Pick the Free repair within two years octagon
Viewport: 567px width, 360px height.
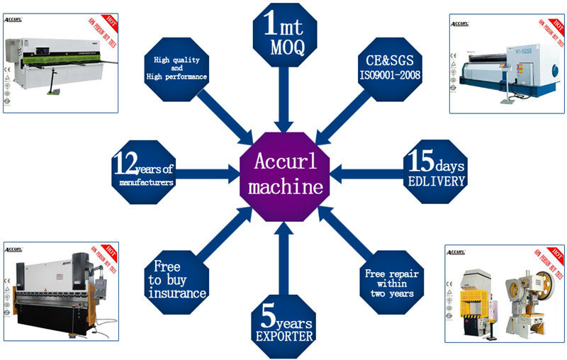tap(390, 279)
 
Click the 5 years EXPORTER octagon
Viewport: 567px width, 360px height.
tap(283, 323)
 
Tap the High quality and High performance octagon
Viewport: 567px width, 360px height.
tap(176, 66)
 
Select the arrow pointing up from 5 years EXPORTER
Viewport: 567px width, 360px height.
tap(283, 252)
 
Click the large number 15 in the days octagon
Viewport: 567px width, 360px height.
tap(417, 161)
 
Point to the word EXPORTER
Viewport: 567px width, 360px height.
tap(283, 337)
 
